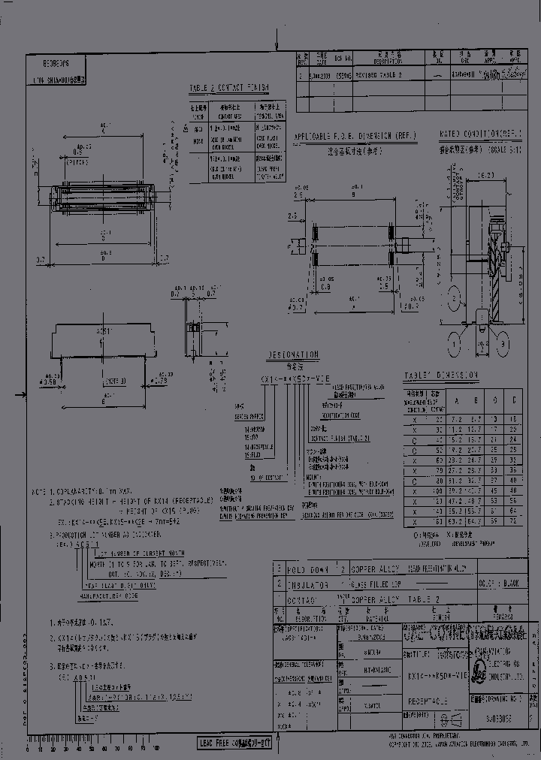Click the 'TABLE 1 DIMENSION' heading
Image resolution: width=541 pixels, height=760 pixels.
click(441, 375)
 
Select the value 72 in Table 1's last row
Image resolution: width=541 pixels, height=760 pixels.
click(513, 519)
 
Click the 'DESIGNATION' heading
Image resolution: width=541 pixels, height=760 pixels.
click(293, 354)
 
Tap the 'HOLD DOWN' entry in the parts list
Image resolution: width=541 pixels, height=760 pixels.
click(308, 569)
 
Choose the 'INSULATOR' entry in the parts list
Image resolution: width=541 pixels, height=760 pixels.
click(309, 584)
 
